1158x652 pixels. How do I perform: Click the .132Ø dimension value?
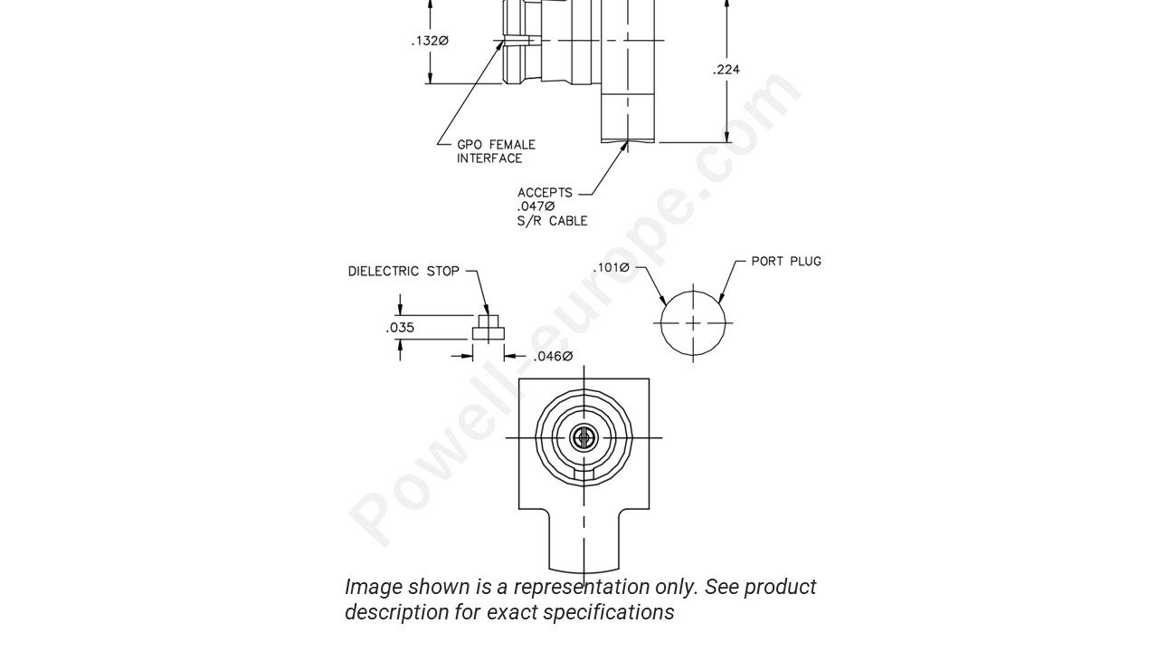pyautogui.click(x=430, y=41)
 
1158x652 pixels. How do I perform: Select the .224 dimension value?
pyautogui.click(x=726, y=70)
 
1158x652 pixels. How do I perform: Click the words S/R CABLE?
pyautogui.click(x=552, y=221)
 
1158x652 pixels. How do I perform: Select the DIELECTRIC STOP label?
pyautogui.click(x=403, y=271)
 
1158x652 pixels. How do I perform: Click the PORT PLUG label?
pyautogui.click(x=785, y=262)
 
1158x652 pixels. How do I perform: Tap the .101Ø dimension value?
pyautogui.click(x=611, y=268)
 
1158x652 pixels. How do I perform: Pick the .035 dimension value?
pyautogui.click(x=400, y=328)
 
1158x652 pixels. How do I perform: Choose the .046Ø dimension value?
pyautogui.click(x=552, y=357)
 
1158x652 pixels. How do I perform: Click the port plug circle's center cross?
pyautogui.click(x=693, y=323)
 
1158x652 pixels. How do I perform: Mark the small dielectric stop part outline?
pyautogui.click(x=488, y=328)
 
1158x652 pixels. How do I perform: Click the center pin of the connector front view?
pyautogui.click(x=584, y=438)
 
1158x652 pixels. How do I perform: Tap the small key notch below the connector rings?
pyautogui.click(x=584, y=473)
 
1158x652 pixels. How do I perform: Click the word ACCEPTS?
pyautogui.click(x=545, y=193)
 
